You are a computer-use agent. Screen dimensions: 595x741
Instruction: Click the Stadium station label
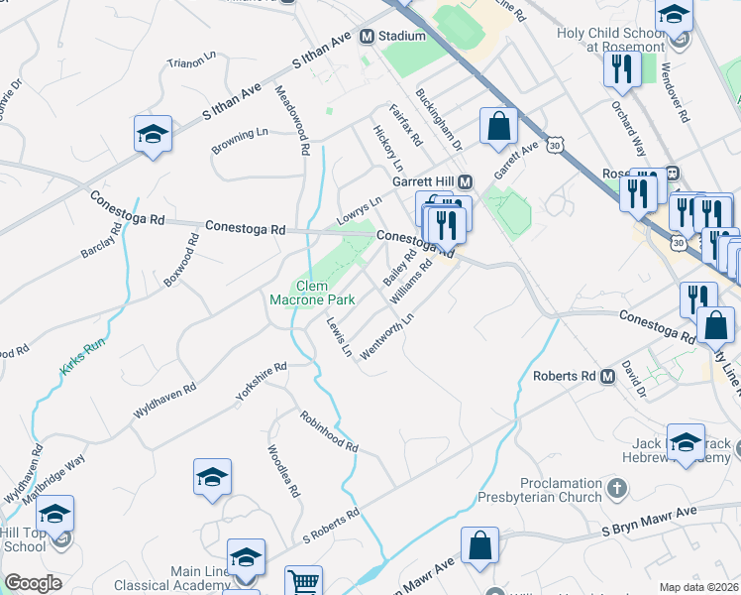[401, 37]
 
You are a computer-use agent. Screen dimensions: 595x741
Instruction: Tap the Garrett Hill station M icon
[466, 182]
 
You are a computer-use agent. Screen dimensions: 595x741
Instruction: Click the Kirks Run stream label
[81, 355]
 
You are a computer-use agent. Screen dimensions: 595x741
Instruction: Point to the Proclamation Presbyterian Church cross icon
[616, 487]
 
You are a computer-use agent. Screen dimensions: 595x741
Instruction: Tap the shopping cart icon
[304, 581]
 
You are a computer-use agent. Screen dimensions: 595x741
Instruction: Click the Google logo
[33, 583]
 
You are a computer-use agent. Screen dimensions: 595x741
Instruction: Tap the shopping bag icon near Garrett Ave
[498, 128]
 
